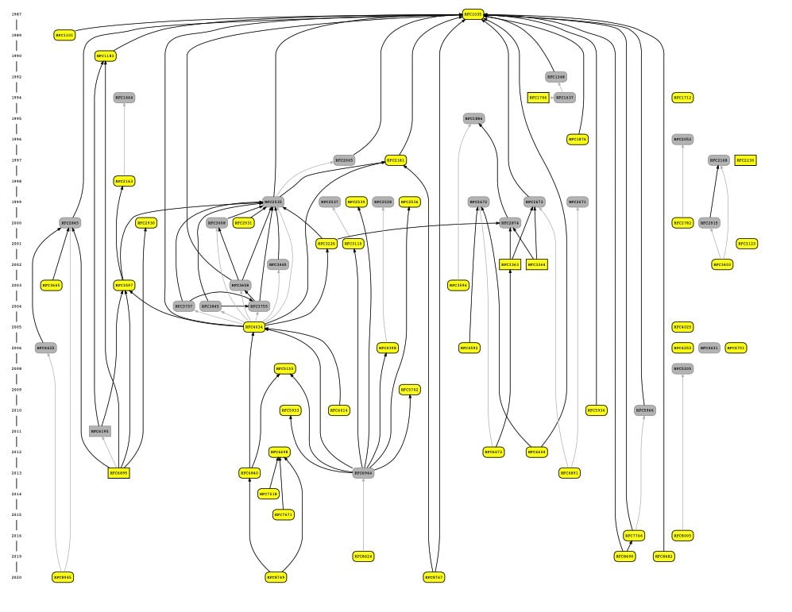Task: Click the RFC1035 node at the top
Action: point(473,14)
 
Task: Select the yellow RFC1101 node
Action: point(64,35)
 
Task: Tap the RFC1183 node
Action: point(106,56)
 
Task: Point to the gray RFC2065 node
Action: point(344,160)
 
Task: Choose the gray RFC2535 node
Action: point(273,202)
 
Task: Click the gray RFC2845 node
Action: point(70,223)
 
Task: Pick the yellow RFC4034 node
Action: point(254,327)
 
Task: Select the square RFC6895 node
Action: point(118,473)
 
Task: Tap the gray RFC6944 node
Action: point(363,473)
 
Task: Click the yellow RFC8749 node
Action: point(276,577)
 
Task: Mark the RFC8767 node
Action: point(434,577)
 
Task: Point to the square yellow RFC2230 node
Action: point(745,160)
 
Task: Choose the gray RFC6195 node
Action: point(100,431)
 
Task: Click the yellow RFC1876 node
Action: point(578,140)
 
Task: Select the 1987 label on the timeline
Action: point(17,14)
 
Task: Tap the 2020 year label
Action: point(17,577)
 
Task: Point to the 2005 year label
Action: point(17,327)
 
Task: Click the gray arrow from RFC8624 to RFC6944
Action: point(363,516)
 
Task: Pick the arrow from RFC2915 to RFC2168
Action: point(714,191)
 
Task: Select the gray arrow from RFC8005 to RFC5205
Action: point(682,452)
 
